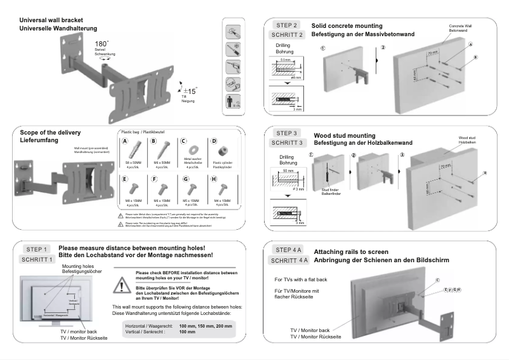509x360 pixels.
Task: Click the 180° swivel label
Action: [x=101, y=44]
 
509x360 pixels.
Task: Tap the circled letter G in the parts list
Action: [x=186, y=180]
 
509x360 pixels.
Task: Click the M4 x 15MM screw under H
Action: [x=214, y=189]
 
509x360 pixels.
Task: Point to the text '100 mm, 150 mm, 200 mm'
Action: [x=206, y=325]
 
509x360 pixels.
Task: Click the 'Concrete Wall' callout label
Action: [x=460, y=27]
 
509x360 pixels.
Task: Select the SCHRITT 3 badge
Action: [x=289, y=143]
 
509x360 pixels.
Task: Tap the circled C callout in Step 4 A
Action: [x=437, y=280]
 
